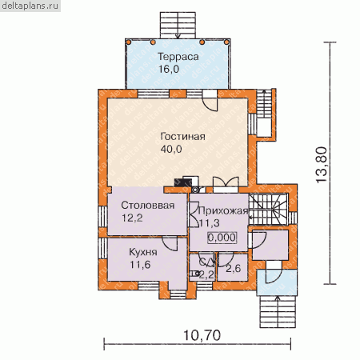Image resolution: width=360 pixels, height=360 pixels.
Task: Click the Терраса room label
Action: (178, 57)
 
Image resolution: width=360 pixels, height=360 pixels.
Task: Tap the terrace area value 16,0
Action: (169, 70)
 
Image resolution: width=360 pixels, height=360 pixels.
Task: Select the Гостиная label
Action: (183, 137)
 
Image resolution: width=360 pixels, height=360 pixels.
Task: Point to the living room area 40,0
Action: (171, 149)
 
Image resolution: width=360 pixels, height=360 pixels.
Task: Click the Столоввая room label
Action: (148, 206)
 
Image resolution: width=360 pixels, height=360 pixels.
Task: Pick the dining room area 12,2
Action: (132, 218)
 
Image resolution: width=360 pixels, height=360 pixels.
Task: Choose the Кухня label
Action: (143, 252)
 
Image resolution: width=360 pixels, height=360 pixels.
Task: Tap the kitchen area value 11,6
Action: (140, 265)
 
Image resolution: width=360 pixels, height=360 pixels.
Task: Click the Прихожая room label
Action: (223, 211)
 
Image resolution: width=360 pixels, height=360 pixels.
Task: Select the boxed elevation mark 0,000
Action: (222, 238)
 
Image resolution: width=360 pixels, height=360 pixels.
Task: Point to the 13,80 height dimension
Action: (322, 165)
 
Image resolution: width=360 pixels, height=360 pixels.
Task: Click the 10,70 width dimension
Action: (202, 335)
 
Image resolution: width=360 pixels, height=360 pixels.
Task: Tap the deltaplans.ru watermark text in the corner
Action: (30, 6)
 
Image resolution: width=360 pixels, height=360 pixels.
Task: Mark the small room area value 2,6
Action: (233, 269)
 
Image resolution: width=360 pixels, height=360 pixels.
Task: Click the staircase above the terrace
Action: (178, 25)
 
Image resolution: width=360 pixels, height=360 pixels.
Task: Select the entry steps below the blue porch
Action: (278, 311)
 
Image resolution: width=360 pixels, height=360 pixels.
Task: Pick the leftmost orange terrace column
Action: (129, 42)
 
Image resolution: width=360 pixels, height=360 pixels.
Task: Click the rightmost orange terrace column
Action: (226, 42)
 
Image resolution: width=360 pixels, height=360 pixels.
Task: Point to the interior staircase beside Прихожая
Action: (268, 209)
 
